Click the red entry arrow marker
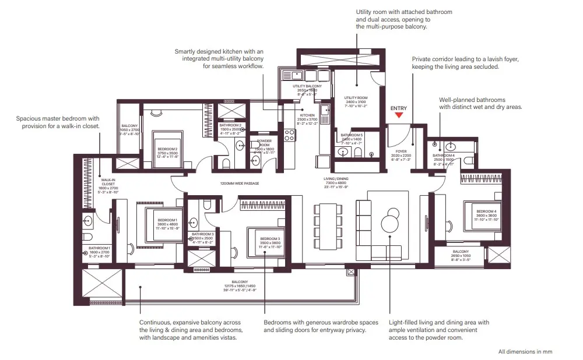click(399, 115)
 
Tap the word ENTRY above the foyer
click(399, 108)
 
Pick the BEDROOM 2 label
click(167, 149)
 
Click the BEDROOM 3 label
click(271, 239)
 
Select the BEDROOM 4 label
click(486, 211)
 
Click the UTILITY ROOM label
click(354, 98)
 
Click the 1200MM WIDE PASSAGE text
click(239, 183)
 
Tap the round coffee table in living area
click(389, 224)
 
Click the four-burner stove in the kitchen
click(290, 135)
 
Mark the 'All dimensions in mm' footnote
click(525, 351)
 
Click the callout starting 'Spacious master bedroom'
click(58, 122)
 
